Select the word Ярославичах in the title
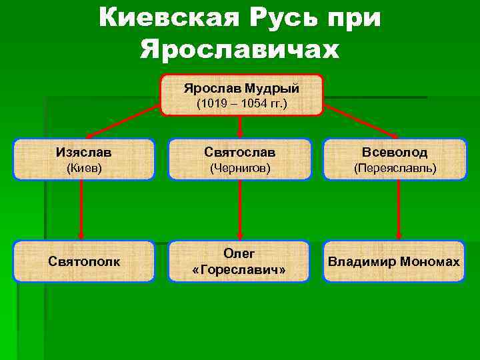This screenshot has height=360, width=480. [240, 49]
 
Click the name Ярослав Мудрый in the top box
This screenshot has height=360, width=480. [241, 88]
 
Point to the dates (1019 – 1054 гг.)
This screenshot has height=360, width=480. [241, 104]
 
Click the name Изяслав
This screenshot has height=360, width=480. [83, 153]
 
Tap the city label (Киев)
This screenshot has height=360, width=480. [83, 169]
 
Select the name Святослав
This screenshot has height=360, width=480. [240, 153]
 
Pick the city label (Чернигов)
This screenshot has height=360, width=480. [240, 169]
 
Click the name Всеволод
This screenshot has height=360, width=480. [395, 153]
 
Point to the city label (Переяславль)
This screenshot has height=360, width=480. [395, 169]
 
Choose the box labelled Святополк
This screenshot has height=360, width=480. [84, 261]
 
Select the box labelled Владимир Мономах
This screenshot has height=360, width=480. [394, 261]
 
